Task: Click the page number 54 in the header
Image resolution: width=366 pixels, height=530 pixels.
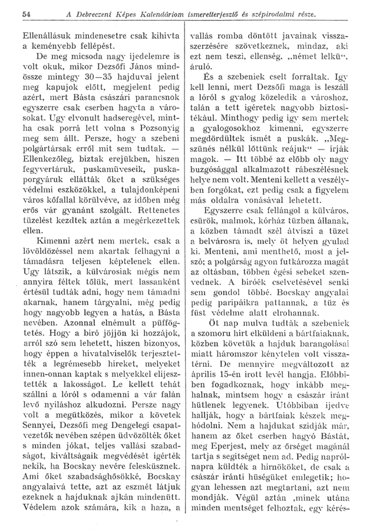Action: coord(25,13)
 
